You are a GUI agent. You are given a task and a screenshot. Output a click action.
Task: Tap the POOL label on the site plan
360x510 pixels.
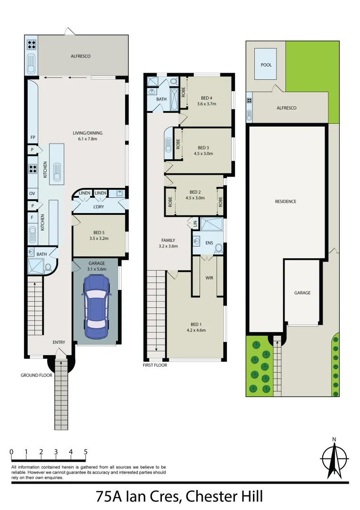[x=266, y=65]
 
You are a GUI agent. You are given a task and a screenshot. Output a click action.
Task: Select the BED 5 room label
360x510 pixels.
[x=98, y=232]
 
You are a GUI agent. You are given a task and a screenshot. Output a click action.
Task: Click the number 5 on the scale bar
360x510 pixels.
[x=86, y=452]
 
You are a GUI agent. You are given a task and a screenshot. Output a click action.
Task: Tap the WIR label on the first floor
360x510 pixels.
[x=209, y=278]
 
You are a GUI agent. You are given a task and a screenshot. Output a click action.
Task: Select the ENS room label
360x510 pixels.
[x=209, y=243]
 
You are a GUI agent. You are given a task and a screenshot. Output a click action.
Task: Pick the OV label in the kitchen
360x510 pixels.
[x=33, y=194]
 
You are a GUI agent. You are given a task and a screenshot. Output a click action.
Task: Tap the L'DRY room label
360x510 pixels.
[x=98, y=207]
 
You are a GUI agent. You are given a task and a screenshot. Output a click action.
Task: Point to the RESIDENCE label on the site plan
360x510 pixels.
[x=285, y=202]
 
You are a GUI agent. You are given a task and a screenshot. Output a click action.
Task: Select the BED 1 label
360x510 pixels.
[x=195, y=324]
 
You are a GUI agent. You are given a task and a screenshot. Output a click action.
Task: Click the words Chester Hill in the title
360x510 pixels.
[x=224, y=497]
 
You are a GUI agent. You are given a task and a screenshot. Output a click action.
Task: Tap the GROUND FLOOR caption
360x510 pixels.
[x=36, y=375]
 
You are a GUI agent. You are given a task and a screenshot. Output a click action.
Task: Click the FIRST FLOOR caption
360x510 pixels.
[x=156, y=365]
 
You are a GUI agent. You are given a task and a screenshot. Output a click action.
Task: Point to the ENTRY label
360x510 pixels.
[x=59, y=342]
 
